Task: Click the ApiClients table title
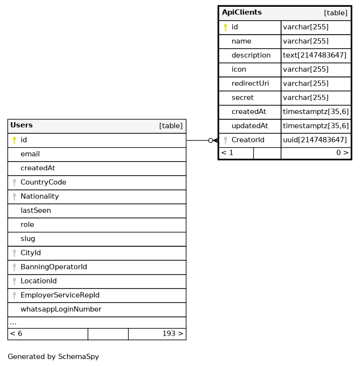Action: pos(242,13)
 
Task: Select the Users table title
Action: pos(21,126)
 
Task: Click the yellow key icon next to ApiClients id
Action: pos(225,27)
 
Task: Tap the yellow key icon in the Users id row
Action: pos(14,140)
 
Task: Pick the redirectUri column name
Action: pos(250,84)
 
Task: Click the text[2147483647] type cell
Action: pos(314,55)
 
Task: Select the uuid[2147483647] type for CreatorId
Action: pos(314,140)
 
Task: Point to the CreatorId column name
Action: pos(247,140)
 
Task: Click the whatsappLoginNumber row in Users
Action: pos(61,309)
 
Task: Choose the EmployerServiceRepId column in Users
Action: pos(60,295)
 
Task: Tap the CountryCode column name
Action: pos(43,182)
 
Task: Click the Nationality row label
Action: pos(39,196)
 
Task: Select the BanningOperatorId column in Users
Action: pos(53,267)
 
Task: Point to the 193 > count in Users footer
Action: pos(172,334)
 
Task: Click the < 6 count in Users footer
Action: pos(16,334)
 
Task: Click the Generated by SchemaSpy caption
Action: pos(53,357)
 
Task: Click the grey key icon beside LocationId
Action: pos(14,281)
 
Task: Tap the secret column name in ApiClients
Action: pos(242,98)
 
